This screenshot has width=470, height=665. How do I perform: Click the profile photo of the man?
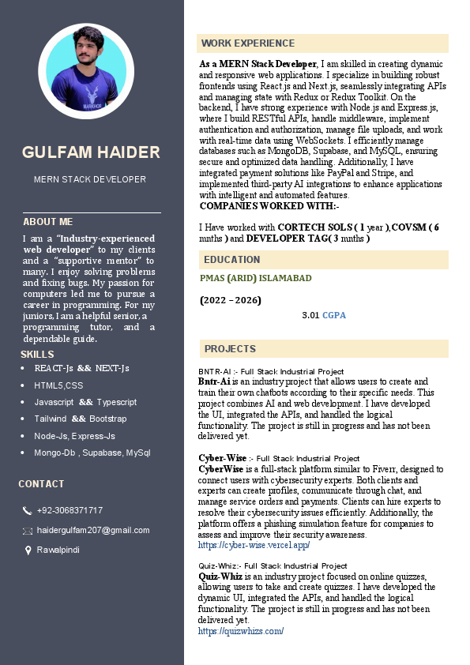[92, 71]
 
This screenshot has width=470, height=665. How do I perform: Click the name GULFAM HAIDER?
[92, 152]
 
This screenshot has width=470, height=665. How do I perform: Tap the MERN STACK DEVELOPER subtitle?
[90, 179]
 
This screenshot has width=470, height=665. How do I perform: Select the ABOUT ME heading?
[47, 222]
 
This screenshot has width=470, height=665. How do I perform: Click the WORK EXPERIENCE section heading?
[248, 43]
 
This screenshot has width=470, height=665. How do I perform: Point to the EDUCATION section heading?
[231, 259]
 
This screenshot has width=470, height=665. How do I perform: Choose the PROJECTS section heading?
[230, 348]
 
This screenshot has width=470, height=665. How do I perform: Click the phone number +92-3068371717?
[70, 510]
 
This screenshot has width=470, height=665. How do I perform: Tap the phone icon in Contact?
[28, 511]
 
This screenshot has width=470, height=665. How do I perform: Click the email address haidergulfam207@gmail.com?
[93, 530]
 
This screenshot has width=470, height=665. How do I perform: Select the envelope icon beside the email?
[28, 531]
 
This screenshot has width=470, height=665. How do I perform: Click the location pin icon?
[28, 550]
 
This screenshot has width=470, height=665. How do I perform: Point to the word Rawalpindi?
[58, 549]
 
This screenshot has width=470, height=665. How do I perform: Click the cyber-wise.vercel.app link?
[254, 545]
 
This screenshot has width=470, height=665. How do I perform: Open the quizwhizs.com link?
[241, 631]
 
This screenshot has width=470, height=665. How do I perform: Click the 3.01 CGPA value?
[324, 315]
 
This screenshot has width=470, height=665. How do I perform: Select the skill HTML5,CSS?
[58, 385]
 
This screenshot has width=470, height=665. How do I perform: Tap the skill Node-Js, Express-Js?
[74, 436]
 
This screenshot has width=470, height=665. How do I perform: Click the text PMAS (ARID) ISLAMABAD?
[256, 278]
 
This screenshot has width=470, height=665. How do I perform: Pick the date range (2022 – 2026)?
[231, 300]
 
